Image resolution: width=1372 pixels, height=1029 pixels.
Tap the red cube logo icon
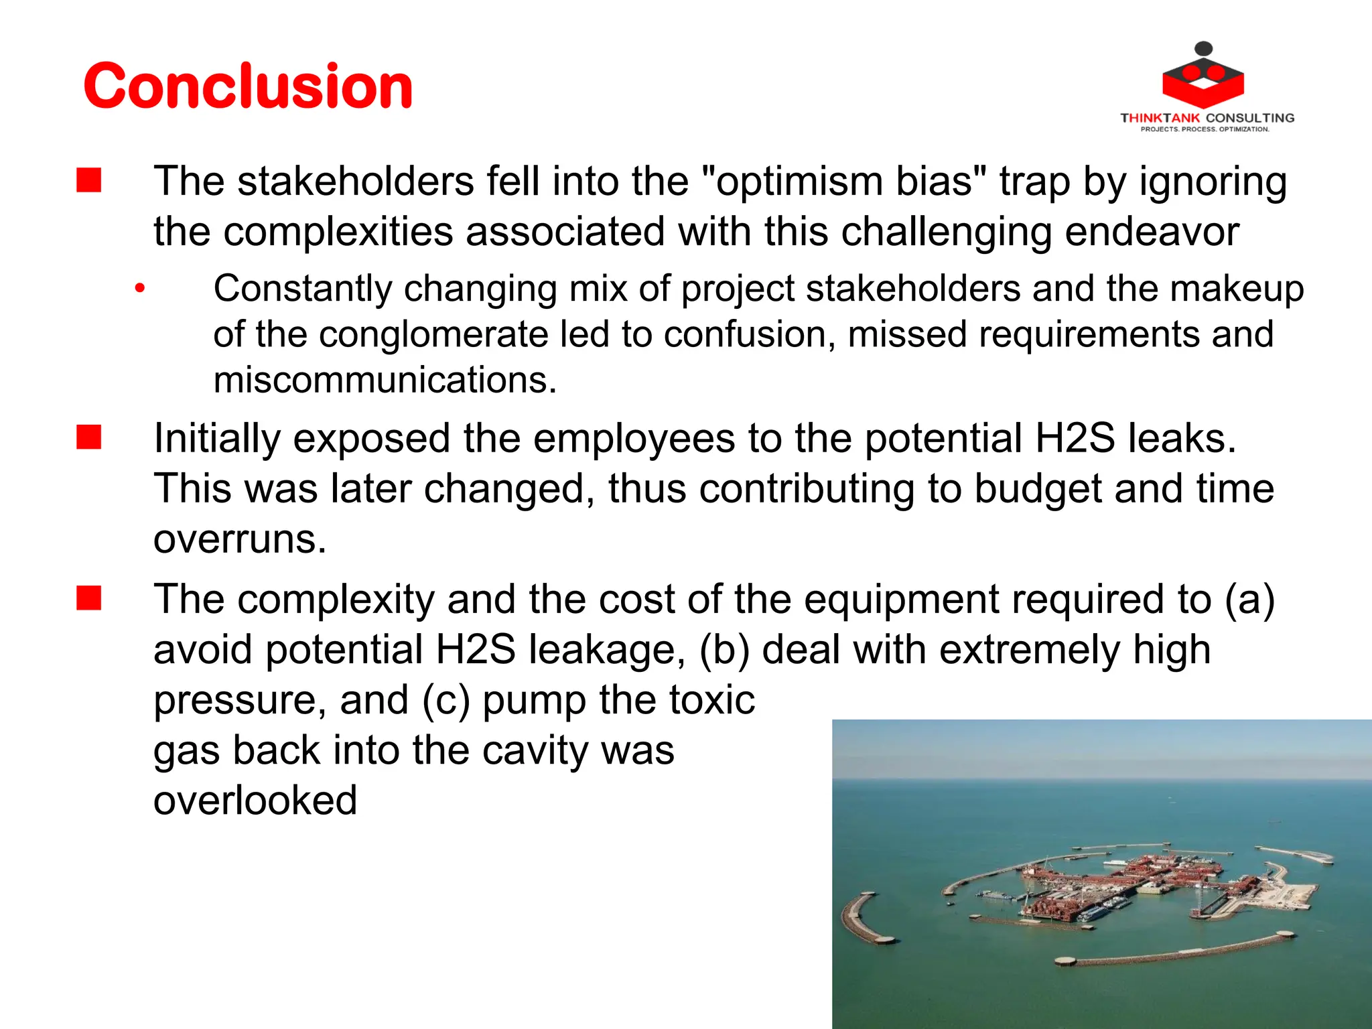click(1203, 79)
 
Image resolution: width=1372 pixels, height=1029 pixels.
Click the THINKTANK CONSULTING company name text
click(1207, 118)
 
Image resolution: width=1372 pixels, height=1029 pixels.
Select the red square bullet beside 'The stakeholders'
click(89, 181)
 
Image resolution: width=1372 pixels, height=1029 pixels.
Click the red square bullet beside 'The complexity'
click(89, 598)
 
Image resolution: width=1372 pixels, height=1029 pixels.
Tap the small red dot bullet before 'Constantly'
click(139, 289)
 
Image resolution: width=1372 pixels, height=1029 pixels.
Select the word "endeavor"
click(1152, 232)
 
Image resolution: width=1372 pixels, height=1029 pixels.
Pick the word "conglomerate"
click(433, 334)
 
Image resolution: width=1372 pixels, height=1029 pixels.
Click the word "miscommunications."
click(385, 380)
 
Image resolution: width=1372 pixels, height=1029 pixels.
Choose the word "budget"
click(1038, 488)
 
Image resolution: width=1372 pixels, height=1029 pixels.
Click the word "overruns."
click(240, 539)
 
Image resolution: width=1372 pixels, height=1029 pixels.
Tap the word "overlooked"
click(255, 800)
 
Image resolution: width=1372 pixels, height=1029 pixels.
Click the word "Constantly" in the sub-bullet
click(303, 289)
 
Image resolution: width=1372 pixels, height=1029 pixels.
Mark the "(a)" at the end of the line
click(1249, 599)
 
